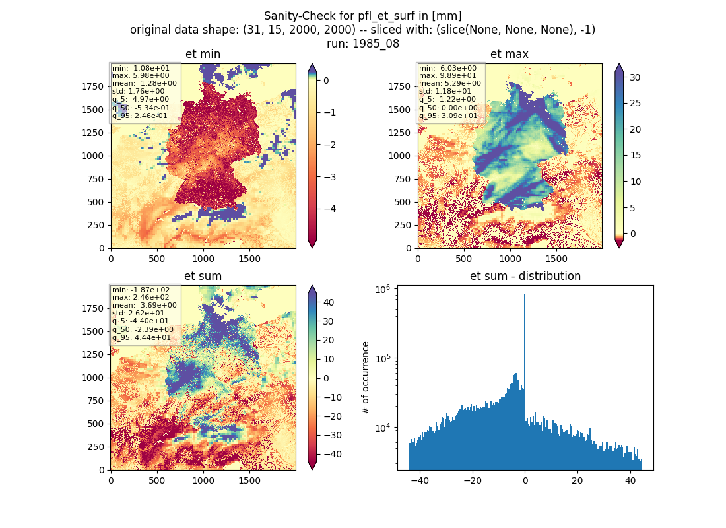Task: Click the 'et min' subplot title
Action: (x=203, y=54)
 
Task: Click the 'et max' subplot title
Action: (x=510, y=54)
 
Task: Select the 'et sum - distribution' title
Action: (x=525, y=276)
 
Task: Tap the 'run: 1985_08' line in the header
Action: (x=363, y=44)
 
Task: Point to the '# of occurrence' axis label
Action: (x=366, y=378)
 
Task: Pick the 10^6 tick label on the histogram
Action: (x=382, y=290)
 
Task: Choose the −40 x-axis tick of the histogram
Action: (x=420, y=480)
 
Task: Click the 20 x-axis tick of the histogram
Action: (x=577, y=480)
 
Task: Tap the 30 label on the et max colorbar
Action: (x=635, y=77)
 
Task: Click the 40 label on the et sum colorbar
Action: (x=328, y=302)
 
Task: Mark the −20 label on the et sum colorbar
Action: (x=331, y=416)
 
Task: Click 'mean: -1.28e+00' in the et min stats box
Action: (x=144, y=83)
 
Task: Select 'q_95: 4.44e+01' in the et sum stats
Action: (x=141, y=338)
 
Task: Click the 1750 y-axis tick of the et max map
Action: (x=399, y=86)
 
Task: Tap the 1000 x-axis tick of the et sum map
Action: (x=203, y=480)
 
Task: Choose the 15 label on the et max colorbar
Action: (x=635, y=156)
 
